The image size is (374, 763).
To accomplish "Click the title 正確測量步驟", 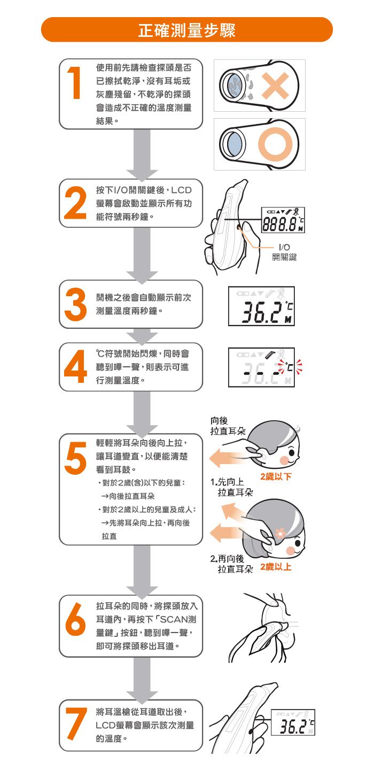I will pos(186,30).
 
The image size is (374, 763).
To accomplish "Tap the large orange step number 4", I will pos(75,367).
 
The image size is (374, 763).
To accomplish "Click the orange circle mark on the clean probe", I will pos(277,144).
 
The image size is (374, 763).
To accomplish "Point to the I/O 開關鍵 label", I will pos(284,252).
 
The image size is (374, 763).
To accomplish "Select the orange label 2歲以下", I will pos(275,476).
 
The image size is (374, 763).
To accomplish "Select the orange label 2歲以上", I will pos(275,567).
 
